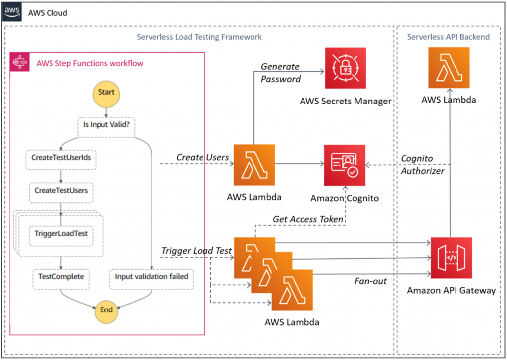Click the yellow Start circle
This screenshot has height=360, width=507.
pos(106,92)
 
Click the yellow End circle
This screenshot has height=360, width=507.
pos(106,310)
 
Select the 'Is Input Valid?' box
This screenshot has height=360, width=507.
pos(106,124)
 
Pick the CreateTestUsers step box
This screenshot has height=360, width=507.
pos(61,190)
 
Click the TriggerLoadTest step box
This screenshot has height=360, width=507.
pos(60,232)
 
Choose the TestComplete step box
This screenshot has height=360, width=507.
pos(61,276)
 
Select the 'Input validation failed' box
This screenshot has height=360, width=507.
pos(151,276)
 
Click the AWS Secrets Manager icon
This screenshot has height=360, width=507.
pos(345,68)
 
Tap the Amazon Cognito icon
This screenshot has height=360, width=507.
pos(345,165)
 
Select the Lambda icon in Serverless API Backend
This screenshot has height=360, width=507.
pos(449,68)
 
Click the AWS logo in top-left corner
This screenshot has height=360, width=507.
pos(13,12)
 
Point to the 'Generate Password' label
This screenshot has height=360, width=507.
pos(281,73)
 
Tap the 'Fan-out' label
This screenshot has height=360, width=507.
pos(370,281)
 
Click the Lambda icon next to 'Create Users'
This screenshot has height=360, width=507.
pos(254,165)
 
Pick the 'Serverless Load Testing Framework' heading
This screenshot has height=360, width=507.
pos(199,37)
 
